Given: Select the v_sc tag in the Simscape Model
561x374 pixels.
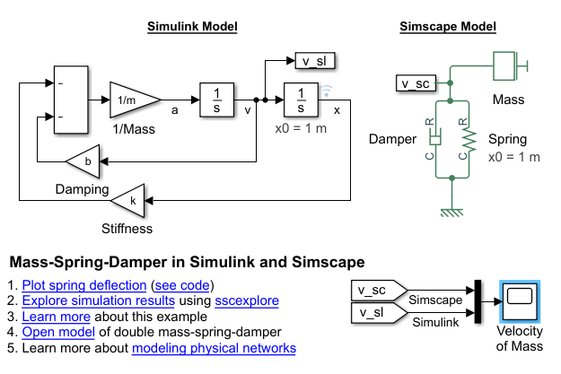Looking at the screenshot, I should pos(416,83).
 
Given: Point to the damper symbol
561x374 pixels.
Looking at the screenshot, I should pos(434,138).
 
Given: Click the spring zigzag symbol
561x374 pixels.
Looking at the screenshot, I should pos(465,138).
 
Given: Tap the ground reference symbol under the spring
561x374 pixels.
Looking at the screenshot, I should pos(451,212).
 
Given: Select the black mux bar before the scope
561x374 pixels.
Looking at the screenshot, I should pos(478,301).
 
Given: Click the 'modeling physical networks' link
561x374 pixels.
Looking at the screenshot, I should pos(214,347).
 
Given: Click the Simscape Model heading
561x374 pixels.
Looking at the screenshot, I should pos(447,26).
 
